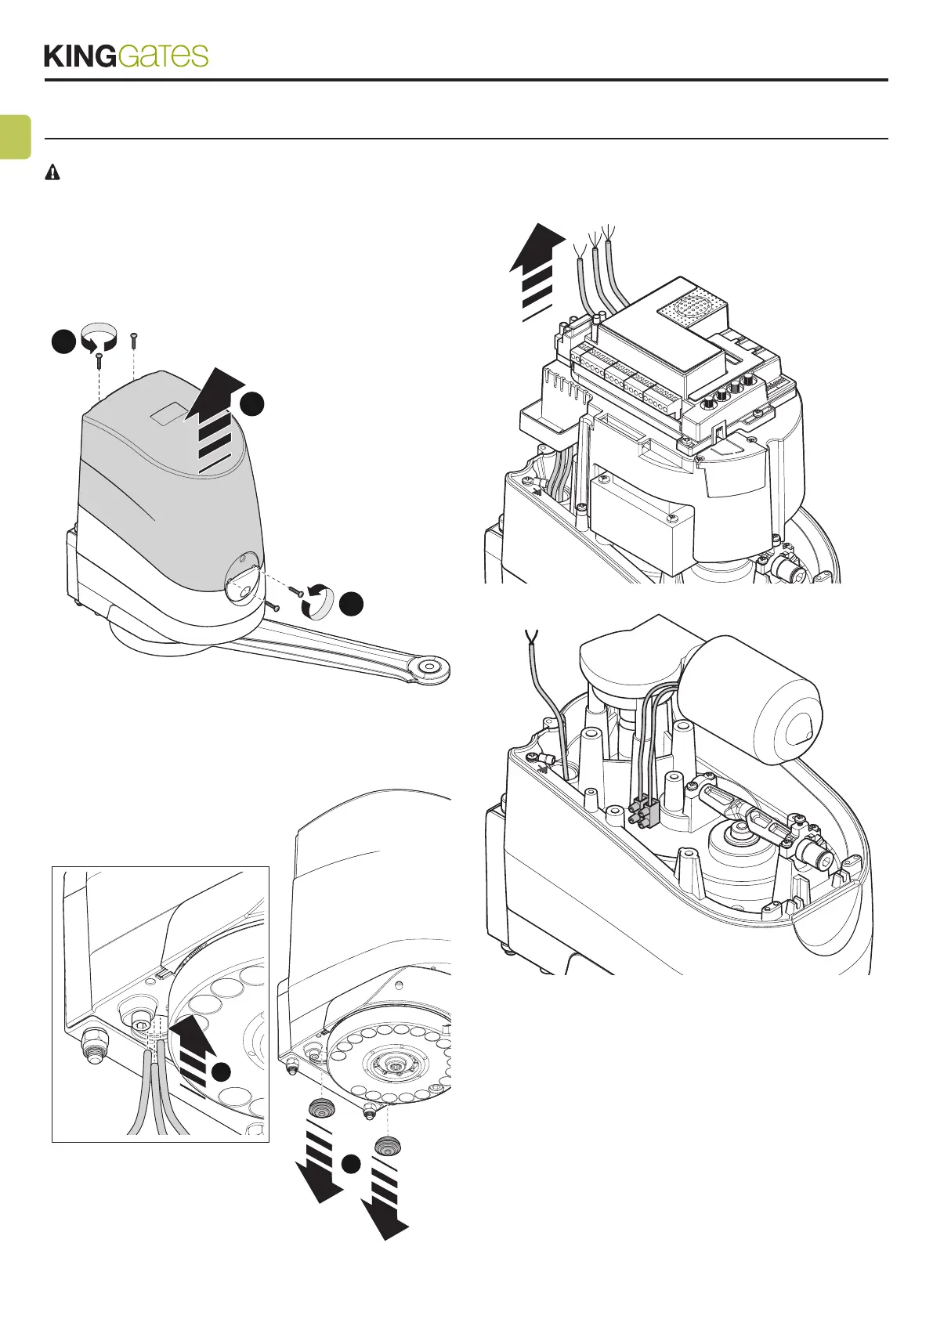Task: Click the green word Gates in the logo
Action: (x=164, y=56)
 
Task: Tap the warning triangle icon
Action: (x=52, y=173)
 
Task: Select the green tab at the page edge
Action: (x=15, y=136)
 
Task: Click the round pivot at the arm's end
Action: (x=428, y=667)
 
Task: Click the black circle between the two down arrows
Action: (x=350, y=1164)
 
